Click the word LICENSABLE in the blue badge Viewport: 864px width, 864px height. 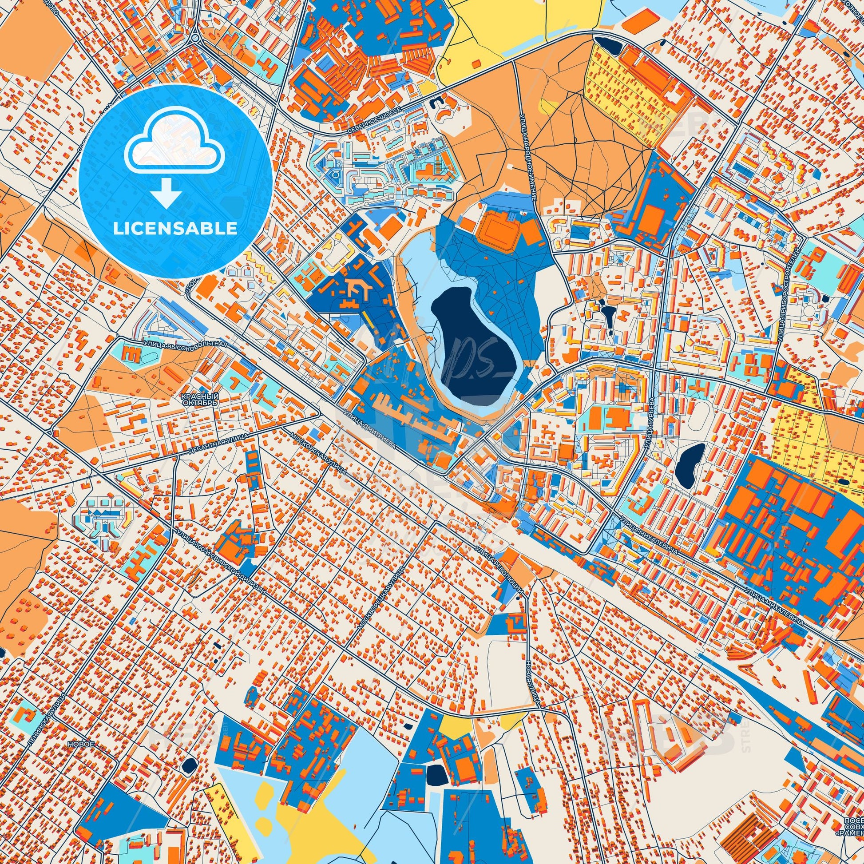pos(175,229)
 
